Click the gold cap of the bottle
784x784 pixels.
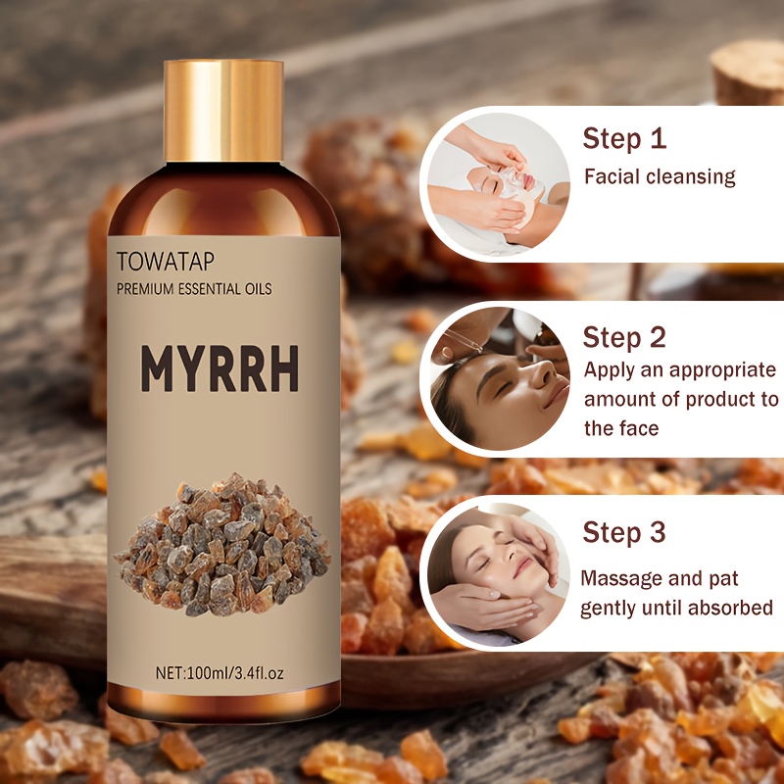click(x=223, y=111)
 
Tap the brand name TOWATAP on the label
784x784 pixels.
click(x=166, y=262)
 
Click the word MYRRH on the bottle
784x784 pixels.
click(x=220, y=369)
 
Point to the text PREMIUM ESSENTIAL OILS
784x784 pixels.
click(x=194, y=289)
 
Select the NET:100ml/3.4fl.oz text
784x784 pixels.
click(x=220, y=673)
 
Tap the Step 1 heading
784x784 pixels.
click(x=624, y=138)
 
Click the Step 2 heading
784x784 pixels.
click(x=624, y=337)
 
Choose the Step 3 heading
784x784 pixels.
click(x=624, y=531)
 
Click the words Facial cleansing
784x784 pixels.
click(x=660, y=177)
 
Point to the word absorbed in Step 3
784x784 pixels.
click(x=730, y=608)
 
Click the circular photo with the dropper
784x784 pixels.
click(x=499, y=378)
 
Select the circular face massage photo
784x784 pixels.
click(x=499, y=574)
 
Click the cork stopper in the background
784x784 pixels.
click(x=748, y=71)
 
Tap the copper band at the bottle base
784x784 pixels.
click(x=223, y=702)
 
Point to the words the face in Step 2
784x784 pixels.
click(x=621, y=428)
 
